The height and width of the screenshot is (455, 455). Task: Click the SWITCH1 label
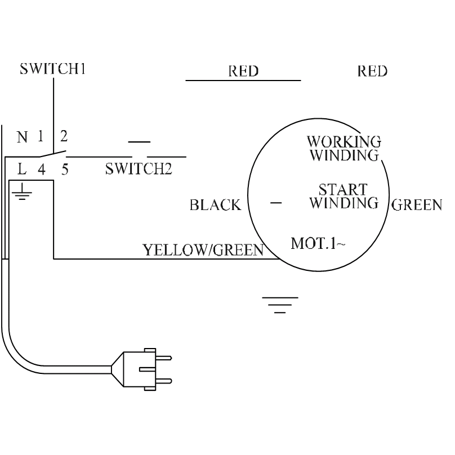[53, 69]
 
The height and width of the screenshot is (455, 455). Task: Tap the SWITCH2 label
[138, 169]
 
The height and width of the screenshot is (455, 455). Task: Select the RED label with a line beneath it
[243, 72]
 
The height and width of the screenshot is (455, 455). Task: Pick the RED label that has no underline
[372, 72]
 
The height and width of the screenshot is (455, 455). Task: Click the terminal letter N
[22, 137]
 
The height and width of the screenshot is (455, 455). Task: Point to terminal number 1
[41, 136]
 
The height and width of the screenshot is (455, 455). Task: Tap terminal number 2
[64, 136]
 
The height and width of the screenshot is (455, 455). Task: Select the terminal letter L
[22, 168]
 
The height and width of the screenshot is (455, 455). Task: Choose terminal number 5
[65, 168]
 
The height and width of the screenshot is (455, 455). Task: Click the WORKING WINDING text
[344, 148]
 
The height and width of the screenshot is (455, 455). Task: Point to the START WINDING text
[344, 196]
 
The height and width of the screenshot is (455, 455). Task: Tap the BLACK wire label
[215, 205]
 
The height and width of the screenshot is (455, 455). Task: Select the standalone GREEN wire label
[417, 205]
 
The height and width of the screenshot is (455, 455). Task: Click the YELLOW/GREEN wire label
[203, 249]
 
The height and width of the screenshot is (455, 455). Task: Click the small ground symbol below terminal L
[22, 194]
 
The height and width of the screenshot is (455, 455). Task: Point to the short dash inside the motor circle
[276, 202]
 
